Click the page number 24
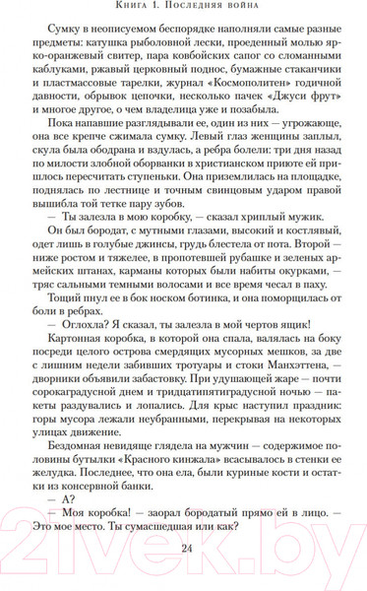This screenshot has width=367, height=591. (x=184, y=549)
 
